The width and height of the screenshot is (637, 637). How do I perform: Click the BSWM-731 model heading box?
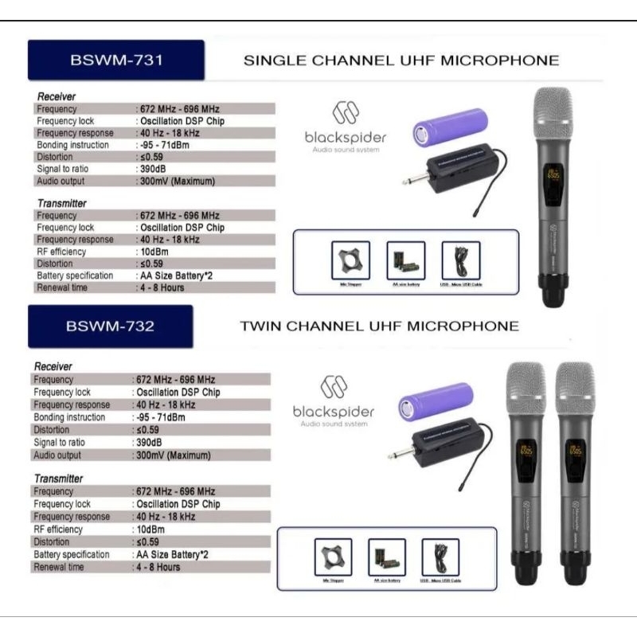[x=116, y=61]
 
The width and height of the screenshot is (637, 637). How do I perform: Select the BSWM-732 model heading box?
[x=111, y=326]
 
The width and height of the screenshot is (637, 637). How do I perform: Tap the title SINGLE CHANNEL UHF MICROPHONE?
[x=401, y=61]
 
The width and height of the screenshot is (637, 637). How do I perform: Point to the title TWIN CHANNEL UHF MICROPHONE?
[x=379, y=326]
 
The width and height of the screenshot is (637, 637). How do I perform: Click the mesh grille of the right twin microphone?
[x=576, y=390]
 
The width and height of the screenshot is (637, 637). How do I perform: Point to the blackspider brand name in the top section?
[x=345, y=137]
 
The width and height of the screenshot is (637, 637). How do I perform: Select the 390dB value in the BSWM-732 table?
[x=149, y=443]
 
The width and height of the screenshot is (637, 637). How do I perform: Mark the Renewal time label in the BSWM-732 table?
[x=61, y=567]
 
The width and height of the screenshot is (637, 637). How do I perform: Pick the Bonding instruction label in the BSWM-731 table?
[x=74, y=145]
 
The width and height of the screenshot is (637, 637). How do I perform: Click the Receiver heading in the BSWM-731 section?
[x=56, y=96]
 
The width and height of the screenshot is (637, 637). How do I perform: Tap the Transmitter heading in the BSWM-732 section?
[x=58, y=479]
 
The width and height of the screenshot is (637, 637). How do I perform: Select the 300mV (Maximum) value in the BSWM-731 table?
[x=177, y=181]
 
